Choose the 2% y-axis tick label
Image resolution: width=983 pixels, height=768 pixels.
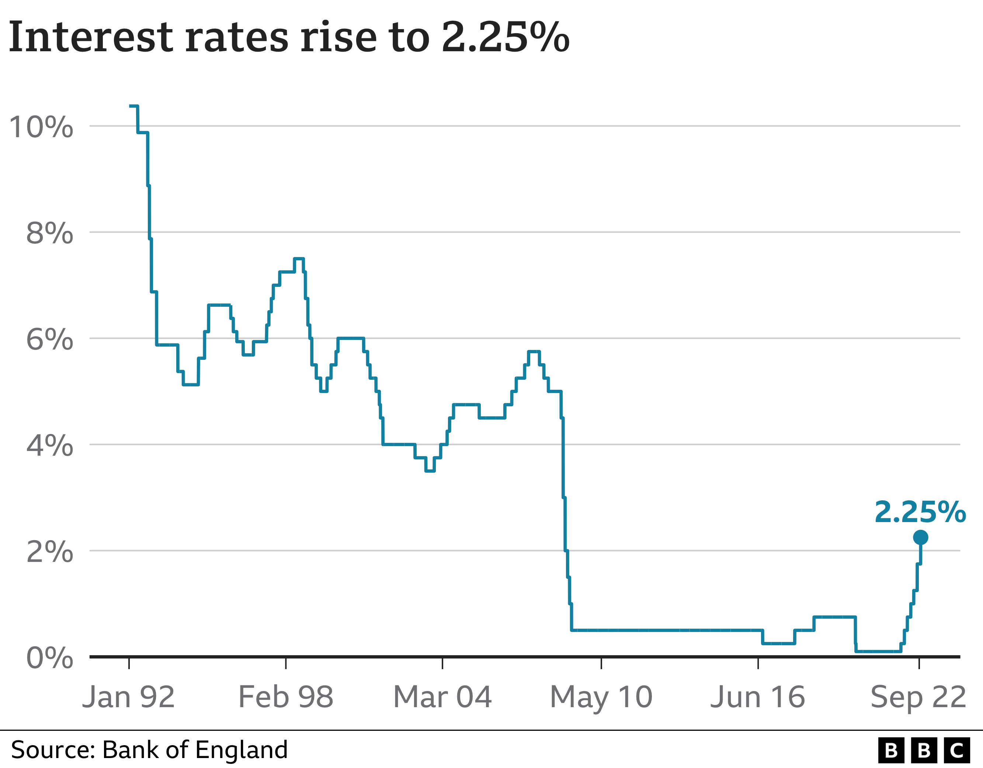pyautogui.click(x=49, y=552)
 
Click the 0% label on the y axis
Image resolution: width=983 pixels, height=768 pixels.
pyautogui.click(x=49, y=658)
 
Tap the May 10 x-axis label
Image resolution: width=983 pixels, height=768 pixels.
pyautogui.click(x=601, y=698)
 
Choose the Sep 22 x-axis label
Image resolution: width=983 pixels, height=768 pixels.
pyautogui.click(x=918, y=698)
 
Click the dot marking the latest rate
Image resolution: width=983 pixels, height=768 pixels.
pyautogui.click(x=920, y=538)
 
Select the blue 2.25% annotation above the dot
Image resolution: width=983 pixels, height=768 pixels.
pyautogui.click(x=920, y=512)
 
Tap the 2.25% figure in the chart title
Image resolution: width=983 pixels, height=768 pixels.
pyautogui.click(x=506, y=37)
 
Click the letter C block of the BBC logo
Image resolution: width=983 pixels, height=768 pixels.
pyautogui.click(x=956, y=751)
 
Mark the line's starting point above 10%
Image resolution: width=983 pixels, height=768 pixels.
pyautogui.click(x=131, y=106)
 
